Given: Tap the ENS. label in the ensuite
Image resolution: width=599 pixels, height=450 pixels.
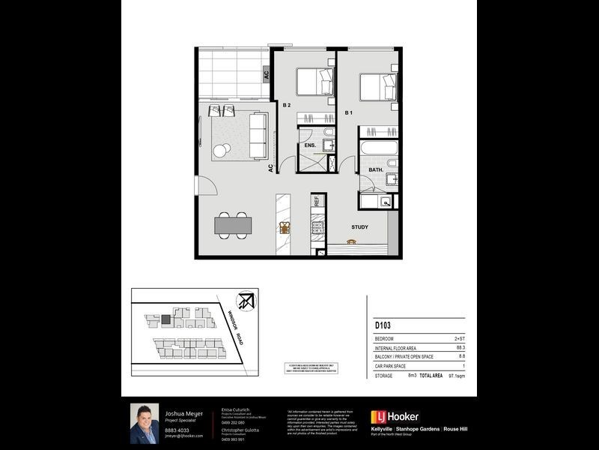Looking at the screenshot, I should click(308, 145).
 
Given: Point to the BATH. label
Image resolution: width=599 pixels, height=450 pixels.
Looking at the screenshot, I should click(376, 170).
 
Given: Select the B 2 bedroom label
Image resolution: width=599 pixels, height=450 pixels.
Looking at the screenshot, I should click(286, 106).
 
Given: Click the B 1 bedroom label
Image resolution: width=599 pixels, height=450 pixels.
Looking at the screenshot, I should click(348, 112).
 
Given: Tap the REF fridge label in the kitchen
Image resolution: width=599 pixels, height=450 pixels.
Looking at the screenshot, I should click(317, 201).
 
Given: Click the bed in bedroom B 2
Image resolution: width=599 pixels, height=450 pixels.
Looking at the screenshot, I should click(314, 81).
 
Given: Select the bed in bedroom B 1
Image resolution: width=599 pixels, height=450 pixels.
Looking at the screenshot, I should click(377, 87).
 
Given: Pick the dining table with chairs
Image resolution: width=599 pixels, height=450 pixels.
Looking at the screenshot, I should click(233, 223).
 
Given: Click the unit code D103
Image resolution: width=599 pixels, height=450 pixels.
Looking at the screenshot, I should click(384, 326).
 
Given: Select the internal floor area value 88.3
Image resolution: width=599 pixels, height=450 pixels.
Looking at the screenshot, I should click(461, 347).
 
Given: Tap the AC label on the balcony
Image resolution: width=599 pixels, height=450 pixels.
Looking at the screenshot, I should click(265, 74).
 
